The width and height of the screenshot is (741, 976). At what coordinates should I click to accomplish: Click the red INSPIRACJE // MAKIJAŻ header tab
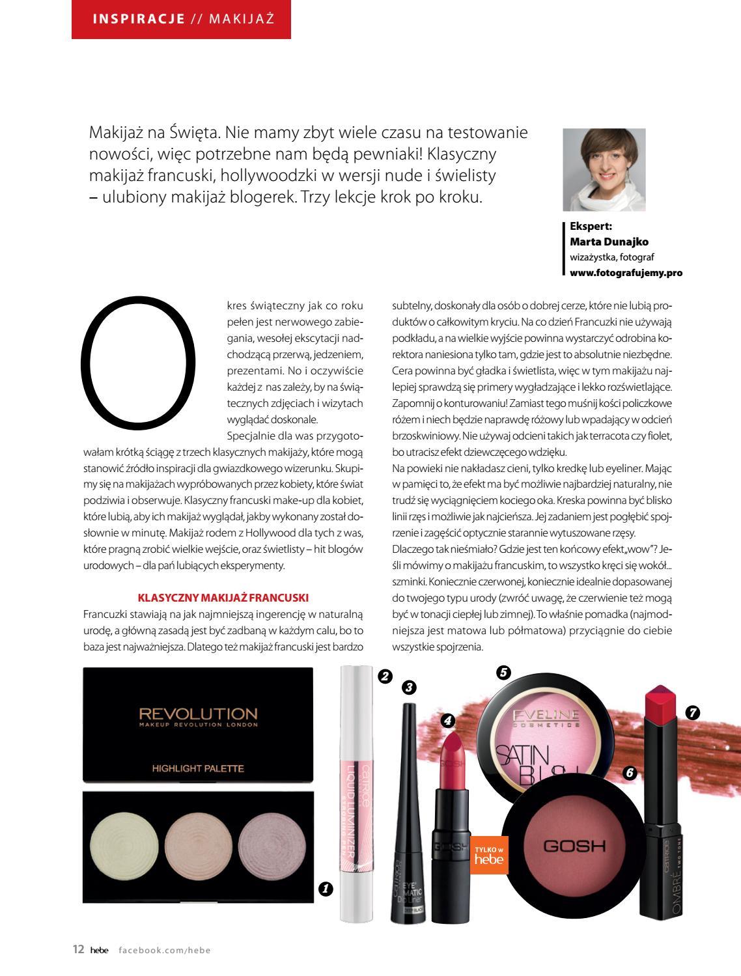(x=181, y=19)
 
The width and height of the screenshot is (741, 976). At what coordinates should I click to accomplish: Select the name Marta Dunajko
(x=609, y=242)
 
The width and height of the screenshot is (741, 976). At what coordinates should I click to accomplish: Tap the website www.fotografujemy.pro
(x=626, y=273)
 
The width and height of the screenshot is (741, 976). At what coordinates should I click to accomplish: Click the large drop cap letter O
(x=138, y=359)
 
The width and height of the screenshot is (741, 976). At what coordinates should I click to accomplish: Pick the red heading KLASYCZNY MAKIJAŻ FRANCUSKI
(x=223, y=597)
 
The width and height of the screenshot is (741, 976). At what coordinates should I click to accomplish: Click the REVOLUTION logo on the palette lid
(x=198, y=715)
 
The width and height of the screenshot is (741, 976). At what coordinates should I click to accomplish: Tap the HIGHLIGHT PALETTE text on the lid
(x=198, y=768)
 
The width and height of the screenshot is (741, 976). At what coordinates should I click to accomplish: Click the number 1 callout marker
(x=326, y=888)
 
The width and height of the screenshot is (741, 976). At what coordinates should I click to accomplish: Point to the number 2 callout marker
(x=385, y=676)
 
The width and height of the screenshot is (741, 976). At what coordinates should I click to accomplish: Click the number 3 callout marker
(x=409, y=686)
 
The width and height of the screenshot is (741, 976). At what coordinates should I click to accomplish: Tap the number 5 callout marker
(x=503, y=673)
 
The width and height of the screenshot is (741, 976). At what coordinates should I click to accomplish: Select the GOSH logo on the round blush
(x=574, y=846)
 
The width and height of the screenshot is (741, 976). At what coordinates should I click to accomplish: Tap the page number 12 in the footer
(x=78, y=950)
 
